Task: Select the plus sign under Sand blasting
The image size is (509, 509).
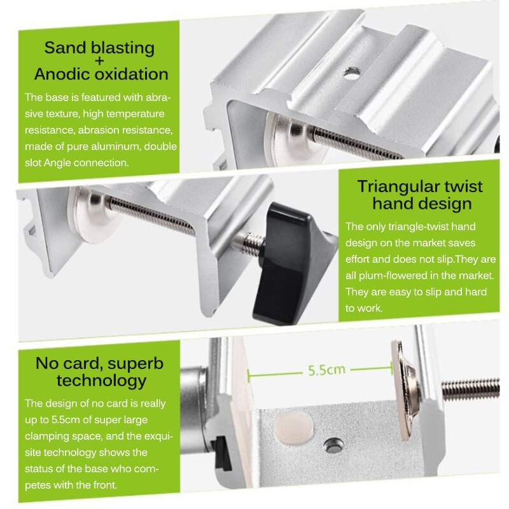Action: [x=99, y=61]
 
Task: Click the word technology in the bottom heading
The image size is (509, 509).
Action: [x=101, y=381]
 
